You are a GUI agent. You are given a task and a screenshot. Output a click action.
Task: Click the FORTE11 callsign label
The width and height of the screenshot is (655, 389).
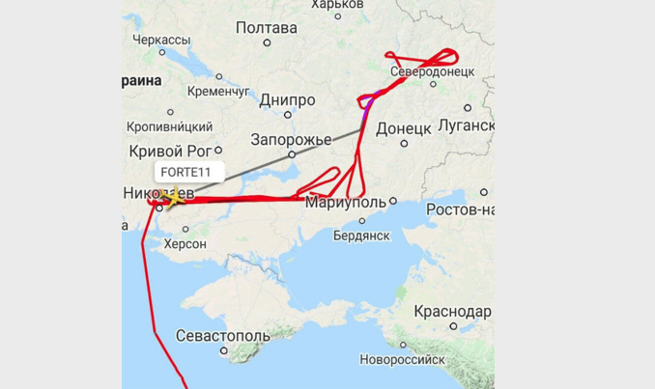(189, 173)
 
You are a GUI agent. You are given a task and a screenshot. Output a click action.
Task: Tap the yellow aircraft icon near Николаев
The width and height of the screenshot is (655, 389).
(172, 198)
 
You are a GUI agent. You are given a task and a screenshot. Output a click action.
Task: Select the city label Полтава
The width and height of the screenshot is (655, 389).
(266, 28)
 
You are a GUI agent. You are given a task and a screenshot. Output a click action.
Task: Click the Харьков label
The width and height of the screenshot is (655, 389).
(337, 5)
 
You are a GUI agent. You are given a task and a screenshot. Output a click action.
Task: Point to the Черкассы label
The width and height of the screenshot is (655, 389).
(162, 39)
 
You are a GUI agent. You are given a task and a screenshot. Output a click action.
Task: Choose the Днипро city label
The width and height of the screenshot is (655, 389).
(287, 100)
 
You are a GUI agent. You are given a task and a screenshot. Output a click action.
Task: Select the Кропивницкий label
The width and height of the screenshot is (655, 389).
(171, 126)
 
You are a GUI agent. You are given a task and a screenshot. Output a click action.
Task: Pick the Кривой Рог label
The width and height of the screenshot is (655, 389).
(169, 151)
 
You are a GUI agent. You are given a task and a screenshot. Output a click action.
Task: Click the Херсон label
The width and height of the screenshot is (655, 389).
(185, 244)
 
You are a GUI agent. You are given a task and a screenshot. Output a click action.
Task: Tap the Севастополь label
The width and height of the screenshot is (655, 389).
(223, 335)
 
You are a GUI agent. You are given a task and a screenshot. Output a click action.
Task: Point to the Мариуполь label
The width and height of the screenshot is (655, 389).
(345, 203)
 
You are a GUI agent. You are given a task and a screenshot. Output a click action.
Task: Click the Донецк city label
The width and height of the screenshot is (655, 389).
(403, 127)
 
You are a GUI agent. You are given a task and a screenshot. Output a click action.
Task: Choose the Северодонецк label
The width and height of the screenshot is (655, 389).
(432, 72)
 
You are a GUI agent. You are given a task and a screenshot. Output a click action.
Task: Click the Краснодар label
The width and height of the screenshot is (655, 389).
(451, 312)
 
